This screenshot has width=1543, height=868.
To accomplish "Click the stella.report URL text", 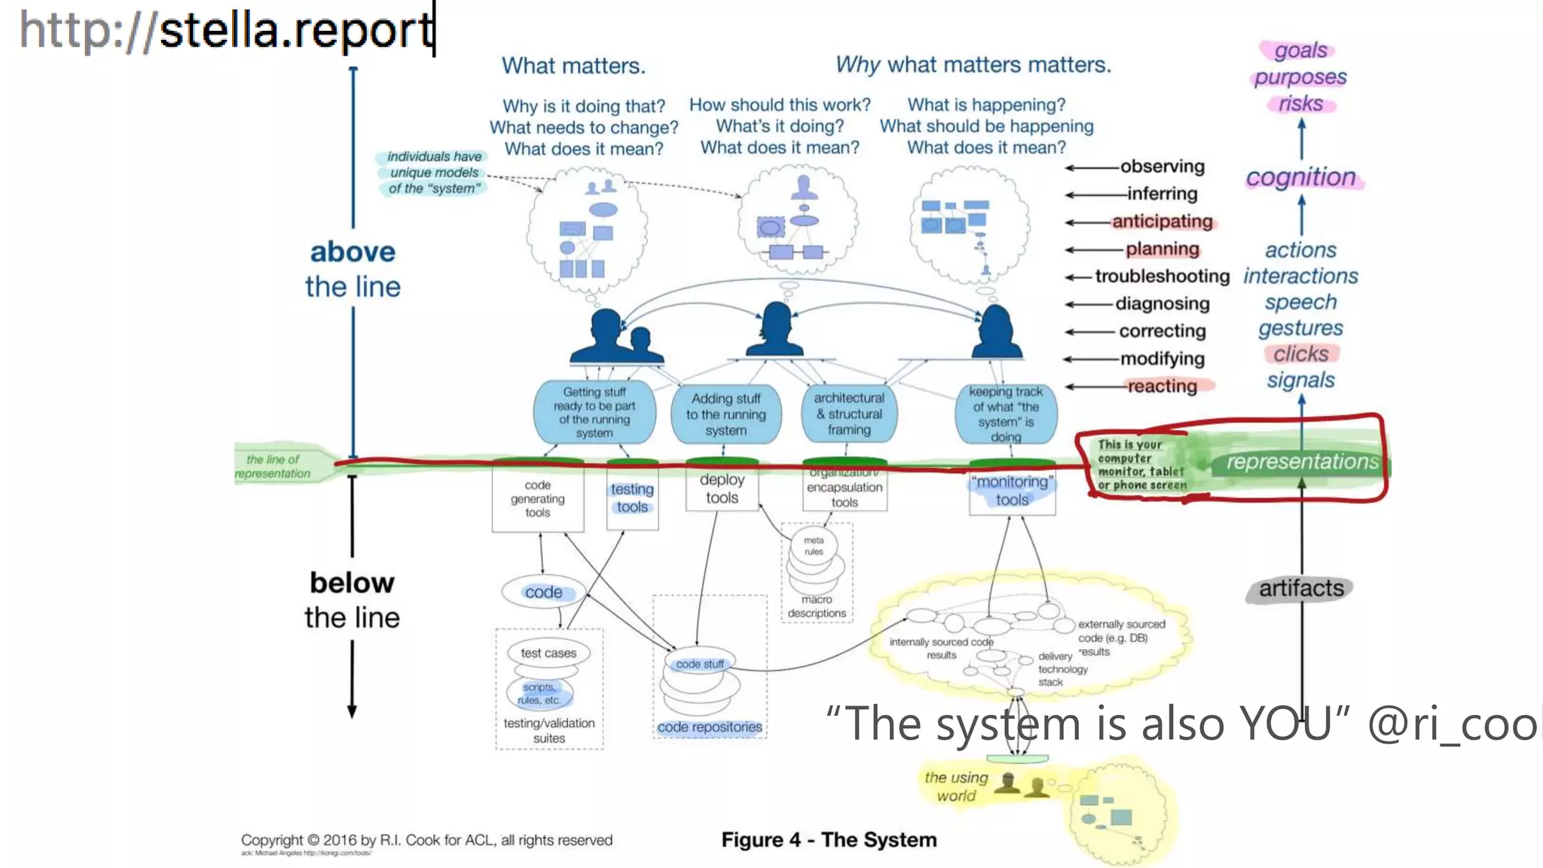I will pyautogui.click(x=226, y=30).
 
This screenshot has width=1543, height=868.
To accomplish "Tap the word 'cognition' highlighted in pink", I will pyautogui.click(x=1300, y=177).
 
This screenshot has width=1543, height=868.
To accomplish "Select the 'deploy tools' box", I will pyautogui.click(x=722, y=488).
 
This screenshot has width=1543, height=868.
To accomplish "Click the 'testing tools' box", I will pyautogui.click(x=632, y=498).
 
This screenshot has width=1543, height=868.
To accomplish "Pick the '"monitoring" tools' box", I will pyautogui.click(x=1012, y=491).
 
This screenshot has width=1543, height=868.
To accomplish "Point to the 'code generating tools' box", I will pyautogui.click(x=537, y=499).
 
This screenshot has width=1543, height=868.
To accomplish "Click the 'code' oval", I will pyautogui.click(x=543, y=592).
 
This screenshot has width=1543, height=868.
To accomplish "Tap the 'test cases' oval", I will pyautogui.click(x=548, y=653).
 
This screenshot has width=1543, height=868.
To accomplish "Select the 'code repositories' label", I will pyautogui.click(x=709, y=727).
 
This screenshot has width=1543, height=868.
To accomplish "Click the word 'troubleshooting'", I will pyautogui.click(x=1162, y=277).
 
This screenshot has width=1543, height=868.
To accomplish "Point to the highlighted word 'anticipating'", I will pyautogui.click(x=1162, y=222).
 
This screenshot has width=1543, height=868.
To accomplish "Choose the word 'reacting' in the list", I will pyautogui.click(x=1162, y=387).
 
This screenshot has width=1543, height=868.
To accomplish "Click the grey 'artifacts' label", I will pyautogui.click(x=1300, y=588).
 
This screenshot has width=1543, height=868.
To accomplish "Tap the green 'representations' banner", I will pyautogui.click(x=1302, y=462).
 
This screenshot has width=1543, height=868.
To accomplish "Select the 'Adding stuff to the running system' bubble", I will pyautogui.click(x=726, y=414).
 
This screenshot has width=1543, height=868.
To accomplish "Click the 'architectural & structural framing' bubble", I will pyautogui.click(x=848, y=414).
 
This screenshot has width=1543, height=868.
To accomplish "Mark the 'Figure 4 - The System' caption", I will pyautogui.click(x=829, y=839).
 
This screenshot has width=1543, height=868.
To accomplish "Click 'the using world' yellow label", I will pyautogui.click(x=956, y=787).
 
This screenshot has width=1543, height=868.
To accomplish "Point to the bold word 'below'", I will pyautogui.click(x=352, y=583).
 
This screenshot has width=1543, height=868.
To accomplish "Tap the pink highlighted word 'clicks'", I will pyautogui.click(x=1300, y=354).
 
